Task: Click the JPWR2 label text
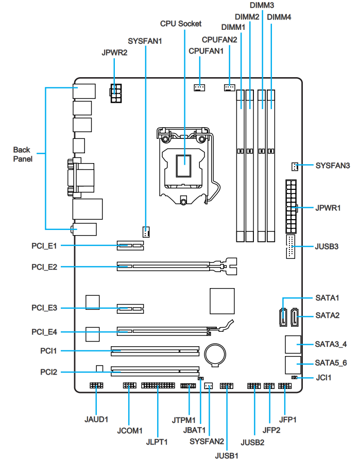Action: [x=114, y=52]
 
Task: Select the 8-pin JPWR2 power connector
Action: [x=115, y=94]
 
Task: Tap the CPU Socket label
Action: [x=181, y=24]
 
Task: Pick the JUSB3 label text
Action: [x=327, y=246]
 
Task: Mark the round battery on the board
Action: [x=215, y=353]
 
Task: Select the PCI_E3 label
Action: [x=44, y=308]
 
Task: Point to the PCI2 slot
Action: [x=155, y=370]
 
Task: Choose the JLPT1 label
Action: [x=157, y=440]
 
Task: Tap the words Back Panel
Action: [x=22, y=154]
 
